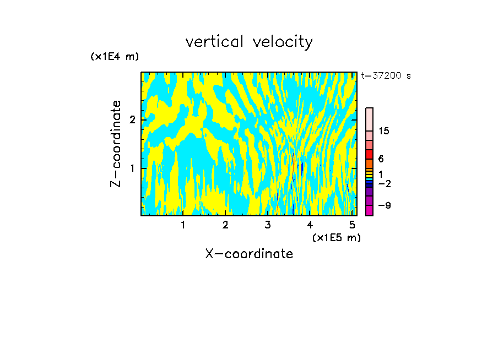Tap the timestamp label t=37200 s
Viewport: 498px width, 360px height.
386,76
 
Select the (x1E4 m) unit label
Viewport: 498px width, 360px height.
115,57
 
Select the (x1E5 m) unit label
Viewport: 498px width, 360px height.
336,237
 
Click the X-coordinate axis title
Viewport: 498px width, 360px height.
249,254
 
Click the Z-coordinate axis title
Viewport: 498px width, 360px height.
116,144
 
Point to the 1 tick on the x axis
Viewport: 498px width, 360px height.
183,225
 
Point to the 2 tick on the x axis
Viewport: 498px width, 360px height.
225,225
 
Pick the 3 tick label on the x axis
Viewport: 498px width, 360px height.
268,225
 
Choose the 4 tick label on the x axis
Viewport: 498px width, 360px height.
310,225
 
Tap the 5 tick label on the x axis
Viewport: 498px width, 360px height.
352,225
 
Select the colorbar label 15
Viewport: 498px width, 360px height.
384,131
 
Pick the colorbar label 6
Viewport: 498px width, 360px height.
381,159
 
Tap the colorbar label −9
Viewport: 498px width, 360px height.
385,205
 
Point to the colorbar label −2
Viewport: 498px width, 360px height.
385,183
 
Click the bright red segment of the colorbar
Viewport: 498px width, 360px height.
369,154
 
